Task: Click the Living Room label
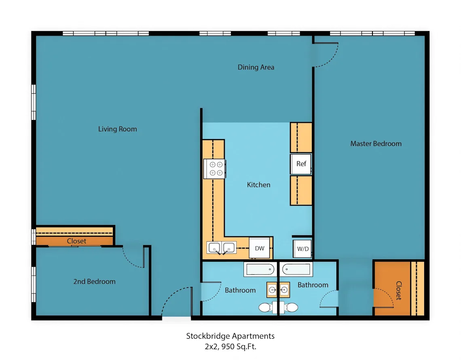click(x=118, y=129)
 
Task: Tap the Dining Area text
click(x=256, y=67)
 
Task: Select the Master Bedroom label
click(x=376, y=143)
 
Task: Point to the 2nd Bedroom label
click(x=94, y=282)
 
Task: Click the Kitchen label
click(x=258, y=185)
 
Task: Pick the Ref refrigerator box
click(x=301, y=164)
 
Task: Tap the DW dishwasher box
click(x=259, y=248)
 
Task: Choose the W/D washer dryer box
click(x=302, y=249)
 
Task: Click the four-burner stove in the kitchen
click(x=215, y=169)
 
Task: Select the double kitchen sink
click(x=221, y=248)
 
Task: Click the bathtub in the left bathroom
click(x=260, y=269)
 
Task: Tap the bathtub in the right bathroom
click(x=296, y=269)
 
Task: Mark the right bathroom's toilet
click(x=289, y=307)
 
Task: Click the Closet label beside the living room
click(x=76, y=241)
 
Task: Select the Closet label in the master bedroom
click(x=399, y=291)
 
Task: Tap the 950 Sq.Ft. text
click(x=239, y=347)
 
